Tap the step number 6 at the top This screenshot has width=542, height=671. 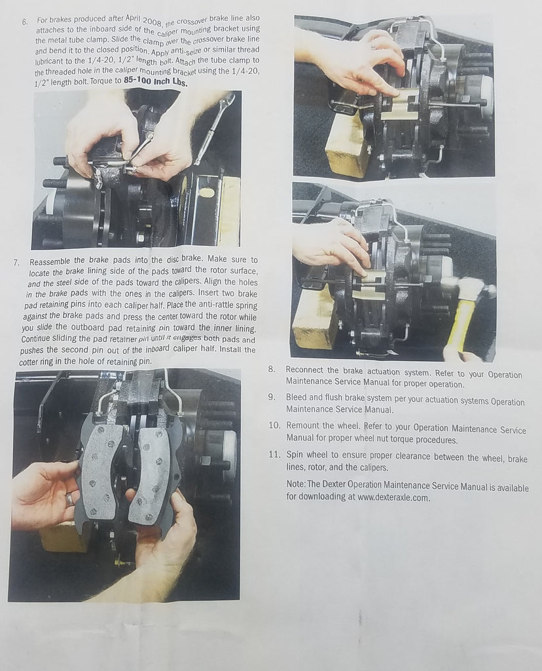(x=25, y=22)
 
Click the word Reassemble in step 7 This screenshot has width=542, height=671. (x=51, y=261)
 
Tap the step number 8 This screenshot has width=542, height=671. (x=272, y=369)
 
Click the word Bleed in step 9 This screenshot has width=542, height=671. (x=297, y=397)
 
